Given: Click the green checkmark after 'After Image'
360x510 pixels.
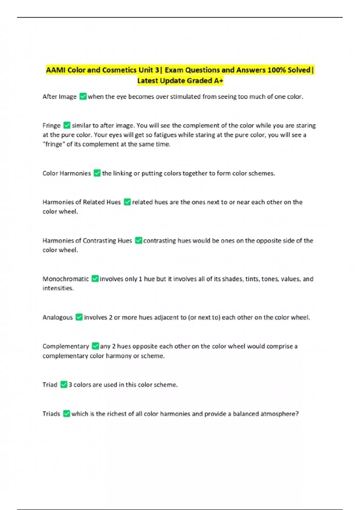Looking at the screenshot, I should click(x=83, y=97).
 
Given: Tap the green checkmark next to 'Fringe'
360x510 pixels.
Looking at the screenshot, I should click(x=67, y=125).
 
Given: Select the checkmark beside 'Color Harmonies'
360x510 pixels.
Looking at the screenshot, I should click(x=97, y=173).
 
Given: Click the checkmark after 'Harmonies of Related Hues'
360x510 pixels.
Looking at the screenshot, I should click(x=127, y=202).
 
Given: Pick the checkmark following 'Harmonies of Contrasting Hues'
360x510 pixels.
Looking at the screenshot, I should click(x=138, y=240).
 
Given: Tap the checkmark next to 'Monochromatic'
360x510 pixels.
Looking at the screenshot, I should click(x=95, y=279).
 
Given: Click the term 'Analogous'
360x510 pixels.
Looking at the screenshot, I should click(x=58, y=317).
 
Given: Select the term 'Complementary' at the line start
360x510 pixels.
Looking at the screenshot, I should click(x=66, y=346).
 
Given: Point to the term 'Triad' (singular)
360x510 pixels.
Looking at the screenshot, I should click(x=50, y=385).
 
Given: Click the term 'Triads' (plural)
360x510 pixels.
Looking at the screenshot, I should click(x=51, y=414).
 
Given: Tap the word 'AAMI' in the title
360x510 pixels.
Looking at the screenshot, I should click(x=56, y=70).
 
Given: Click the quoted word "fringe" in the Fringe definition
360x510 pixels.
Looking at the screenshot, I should click(x=53, y=144).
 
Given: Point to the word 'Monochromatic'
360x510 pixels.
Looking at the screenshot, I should click(x=66, y=279).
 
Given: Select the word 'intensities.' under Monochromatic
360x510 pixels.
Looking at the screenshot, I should click(x=58, y=288).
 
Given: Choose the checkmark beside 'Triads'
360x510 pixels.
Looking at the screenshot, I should click(x=66, y=414).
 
